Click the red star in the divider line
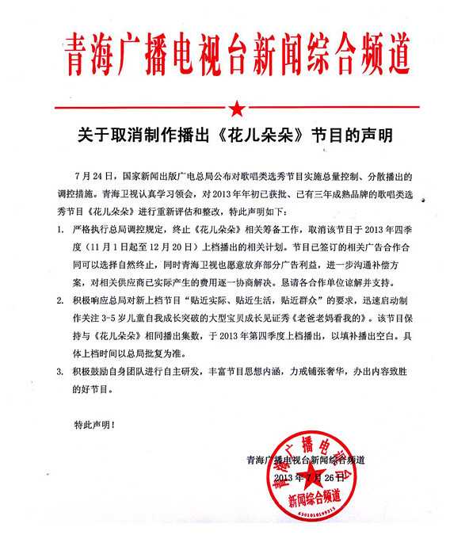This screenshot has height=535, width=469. (x=235, y=108)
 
